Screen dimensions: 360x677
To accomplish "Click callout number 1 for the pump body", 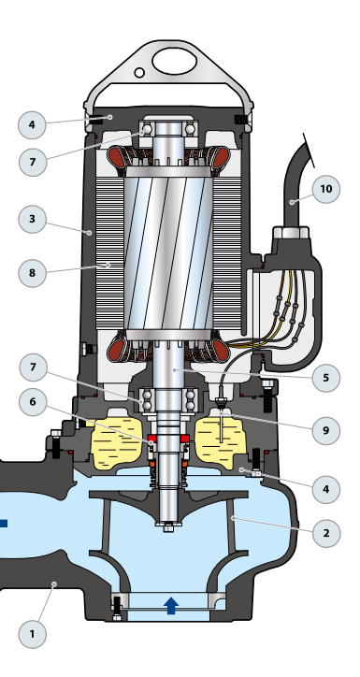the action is click(x=32, y=634).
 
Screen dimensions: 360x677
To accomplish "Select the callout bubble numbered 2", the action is click(x=326, y=533).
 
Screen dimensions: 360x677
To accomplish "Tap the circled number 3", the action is click(x=32, y=219).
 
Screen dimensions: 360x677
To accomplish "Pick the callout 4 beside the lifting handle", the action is click(x=32, y=124).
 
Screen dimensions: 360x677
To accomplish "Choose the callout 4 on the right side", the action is click(x=326, y=489).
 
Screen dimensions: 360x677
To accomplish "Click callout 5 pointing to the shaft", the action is click(x=326, y=378).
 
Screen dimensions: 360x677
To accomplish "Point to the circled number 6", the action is click(x=33, y=402).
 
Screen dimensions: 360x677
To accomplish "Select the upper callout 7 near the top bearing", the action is click(x=33, y=162).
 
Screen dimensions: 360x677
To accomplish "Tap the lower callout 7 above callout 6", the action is click(x=33, y=367).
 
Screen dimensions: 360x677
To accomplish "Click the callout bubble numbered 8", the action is click(x=33, y=273).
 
